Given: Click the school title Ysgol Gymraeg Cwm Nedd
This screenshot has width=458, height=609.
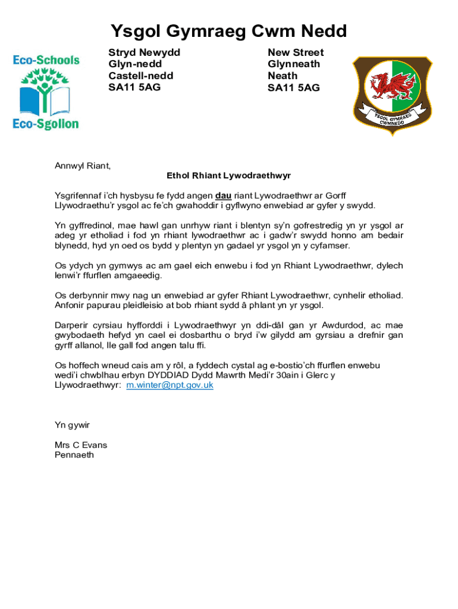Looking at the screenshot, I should (229, 31).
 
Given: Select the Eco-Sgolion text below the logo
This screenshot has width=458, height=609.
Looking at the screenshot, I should (46, 124).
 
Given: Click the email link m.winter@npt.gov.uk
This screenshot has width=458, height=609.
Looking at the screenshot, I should (170, 385).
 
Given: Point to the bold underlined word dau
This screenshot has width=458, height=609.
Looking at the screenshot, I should (223, 196).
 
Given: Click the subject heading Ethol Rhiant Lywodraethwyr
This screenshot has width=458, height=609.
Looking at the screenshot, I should (228, 176).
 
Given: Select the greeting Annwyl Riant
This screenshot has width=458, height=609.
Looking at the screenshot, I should (83, 166).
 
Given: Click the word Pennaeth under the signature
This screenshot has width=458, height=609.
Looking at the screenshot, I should (74, 455).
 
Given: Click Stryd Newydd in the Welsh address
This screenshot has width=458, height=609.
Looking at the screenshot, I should (144, 52).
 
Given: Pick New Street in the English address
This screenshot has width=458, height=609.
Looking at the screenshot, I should (296, 52).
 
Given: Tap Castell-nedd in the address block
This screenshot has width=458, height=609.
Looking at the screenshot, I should (140, 76).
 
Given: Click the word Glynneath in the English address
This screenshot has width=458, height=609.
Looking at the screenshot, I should (294, 64).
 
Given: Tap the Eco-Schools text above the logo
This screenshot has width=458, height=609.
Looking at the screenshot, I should (46, 60).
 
